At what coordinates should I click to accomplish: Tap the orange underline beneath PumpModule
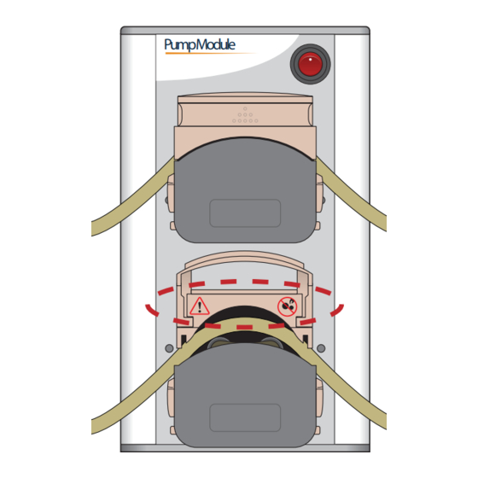[205, 54]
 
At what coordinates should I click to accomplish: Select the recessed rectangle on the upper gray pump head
[245, 213]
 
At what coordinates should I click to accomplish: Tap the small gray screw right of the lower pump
[320, 348]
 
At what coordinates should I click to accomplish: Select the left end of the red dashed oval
[146, 306]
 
